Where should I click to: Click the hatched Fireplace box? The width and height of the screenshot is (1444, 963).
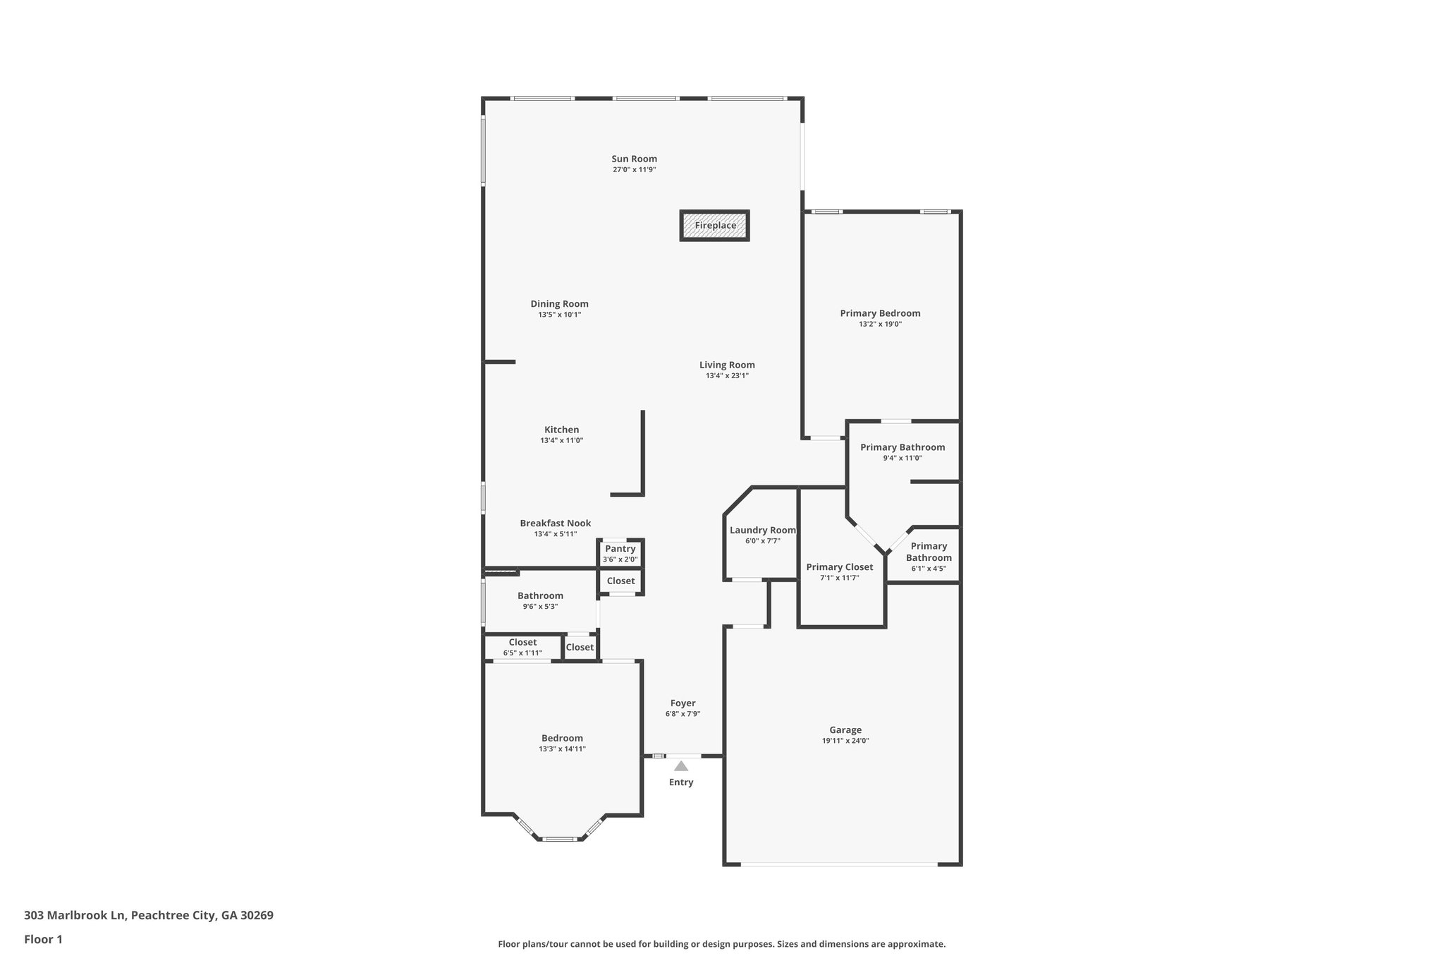[714, 226]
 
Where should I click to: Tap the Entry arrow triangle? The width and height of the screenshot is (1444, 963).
[680, 766]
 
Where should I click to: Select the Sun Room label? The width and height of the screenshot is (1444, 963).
[634, 159]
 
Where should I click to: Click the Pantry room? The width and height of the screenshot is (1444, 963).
[620, 553]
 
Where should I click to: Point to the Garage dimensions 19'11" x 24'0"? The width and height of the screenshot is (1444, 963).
[845, 741]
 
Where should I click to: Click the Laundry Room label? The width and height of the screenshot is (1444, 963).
[762, 531]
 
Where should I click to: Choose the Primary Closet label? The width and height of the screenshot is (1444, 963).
[839, 567]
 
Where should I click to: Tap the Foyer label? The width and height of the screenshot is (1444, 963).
[683, 703]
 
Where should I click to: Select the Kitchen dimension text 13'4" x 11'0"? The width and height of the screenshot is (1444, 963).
[561, 440]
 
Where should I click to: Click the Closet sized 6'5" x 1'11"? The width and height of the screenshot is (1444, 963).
[522, 647]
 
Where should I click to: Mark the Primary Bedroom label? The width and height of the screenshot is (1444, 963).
[880, 313]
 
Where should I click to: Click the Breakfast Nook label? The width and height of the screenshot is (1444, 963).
[555, 523]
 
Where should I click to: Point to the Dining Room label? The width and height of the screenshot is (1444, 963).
[559, 304]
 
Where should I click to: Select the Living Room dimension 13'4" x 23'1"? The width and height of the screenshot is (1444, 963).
[727, 376]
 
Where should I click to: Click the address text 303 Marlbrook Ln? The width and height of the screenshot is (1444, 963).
[75, 916]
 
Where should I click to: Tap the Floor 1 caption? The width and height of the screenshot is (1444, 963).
[43, 939]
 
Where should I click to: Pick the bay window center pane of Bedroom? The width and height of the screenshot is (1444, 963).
[559, 839]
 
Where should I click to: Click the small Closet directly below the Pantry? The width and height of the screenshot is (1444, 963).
[620, 581]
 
